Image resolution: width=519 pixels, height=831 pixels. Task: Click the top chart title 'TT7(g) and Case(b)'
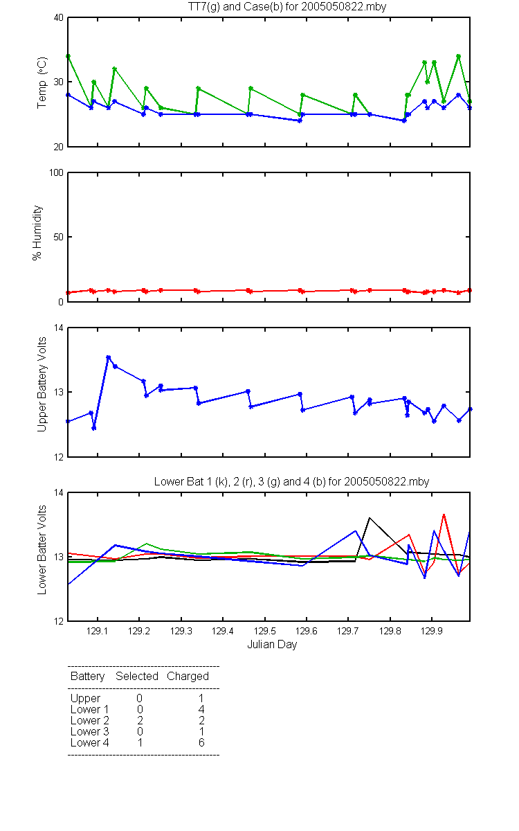click(x=235, y=7)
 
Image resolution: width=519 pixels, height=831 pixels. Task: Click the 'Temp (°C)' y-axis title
click(x=42, y=82)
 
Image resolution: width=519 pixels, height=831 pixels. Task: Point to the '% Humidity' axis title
click(x=37, y=233)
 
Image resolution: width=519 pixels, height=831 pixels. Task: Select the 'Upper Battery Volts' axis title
click(x=42, y=384)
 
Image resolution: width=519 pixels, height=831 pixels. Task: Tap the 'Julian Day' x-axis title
click(x=272, y=645)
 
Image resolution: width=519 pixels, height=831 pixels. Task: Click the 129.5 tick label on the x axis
click(x=264, y=631)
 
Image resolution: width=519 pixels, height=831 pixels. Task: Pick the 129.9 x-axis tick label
click(x=432, y=631)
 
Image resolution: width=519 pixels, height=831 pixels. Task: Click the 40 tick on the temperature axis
click(x=59, y=18)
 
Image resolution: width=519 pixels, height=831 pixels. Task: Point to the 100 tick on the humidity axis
click(x=56, y=173)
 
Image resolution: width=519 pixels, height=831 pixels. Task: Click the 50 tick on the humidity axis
click(x=59, y=237)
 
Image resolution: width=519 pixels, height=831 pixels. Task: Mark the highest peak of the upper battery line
click(x=108, y=357)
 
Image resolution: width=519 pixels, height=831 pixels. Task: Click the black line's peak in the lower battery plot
click(x=370, y=518)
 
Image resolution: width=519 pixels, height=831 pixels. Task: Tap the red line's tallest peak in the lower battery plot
click(x=444, y=515)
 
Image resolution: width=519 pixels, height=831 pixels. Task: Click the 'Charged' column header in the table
click(x=188, y=677)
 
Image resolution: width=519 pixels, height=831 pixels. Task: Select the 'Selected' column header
click(x=137, y=676)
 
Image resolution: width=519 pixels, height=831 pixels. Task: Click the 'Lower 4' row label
click(x=90, y=742)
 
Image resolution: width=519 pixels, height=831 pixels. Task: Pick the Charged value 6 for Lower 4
click(x=201, y=742)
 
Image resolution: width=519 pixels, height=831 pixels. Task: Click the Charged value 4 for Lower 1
click(x=201, y=709)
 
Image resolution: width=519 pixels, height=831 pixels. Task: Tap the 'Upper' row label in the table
click(x=85, y=699)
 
